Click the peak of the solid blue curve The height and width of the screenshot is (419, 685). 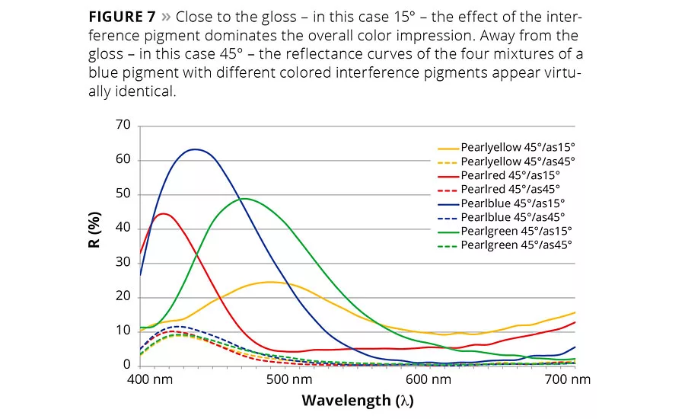click(196, 149)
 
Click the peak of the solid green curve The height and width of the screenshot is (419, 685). click(244, 199)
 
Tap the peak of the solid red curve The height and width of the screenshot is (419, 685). click(164, 213)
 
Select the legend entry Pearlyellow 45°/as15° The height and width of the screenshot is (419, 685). click(518, 149)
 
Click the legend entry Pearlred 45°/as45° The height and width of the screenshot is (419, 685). click(510, 190)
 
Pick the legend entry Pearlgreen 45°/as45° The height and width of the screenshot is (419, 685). click(516, 245)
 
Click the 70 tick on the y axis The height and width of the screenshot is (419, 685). click(122, 126)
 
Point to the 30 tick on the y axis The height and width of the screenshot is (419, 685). click(122, 263)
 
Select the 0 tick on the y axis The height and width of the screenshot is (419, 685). click(126, 365)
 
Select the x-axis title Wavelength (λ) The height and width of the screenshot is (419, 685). click(357, 400)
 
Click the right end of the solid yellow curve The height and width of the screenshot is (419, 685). click(575, 312)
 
